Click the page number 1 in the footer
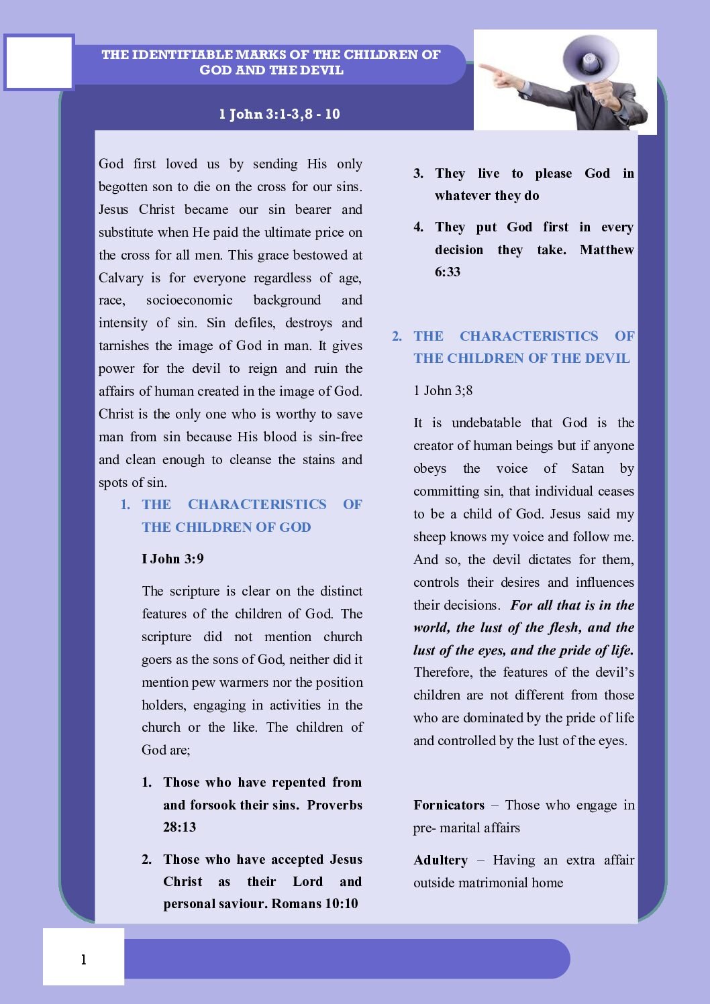(83, 960)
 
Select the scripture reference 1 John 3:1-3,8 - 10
(279, 114)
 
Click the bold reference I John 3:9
(172, 559)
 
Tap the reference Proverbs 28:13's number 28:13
(179, 827)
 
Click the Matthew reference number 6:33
(448, 272)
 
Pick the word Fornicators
(449, 805)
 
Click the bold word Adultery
(440, 860)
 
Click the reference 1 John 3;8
(443, 390)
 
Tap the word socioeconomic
(189, 300)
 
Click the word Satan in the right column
(587, 468)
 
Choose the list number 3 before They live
(418, 173)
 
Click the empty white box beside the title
(39, 62)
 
